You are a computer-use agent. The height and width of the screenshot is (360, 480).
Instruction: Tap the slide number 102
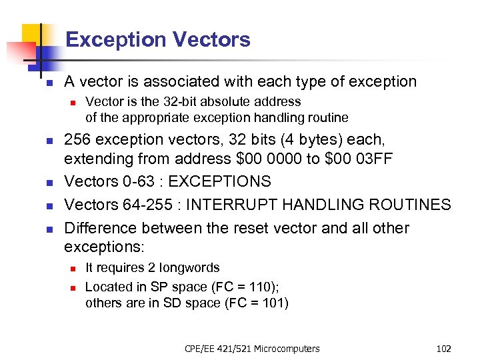coord(443,349)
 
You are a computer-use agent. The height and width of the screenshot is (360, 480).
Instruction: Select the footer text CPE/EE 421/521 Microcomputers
coord(252,349)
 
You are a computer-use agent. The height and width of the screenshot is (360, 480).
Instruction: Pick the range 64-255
coord(140,205)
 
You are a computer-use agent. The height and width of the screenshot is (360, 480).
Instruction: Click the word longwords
coord(189,268)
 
